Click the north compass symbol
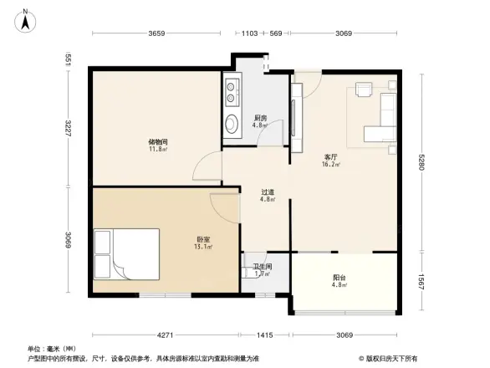click(27, 18)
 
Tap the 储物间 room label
click(158, 142)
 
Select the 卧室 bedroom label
click(203, 240)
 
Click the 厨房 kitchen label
click(260, 119)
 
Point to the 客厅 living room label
click(331, 156)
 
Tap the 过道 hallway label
click(268, 192)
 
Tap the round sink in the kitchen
click(231, 124)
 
